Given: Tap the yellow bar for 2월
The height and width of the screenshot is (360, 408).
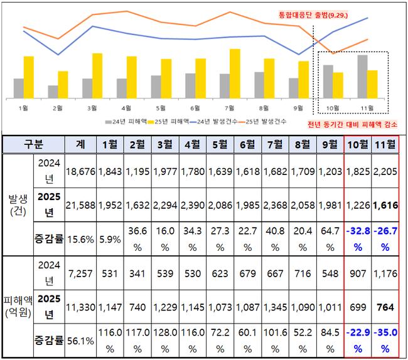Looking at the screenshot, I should [63, 85].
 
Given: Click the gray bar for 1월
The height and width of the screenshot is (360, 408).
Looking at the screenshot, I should [19, 88].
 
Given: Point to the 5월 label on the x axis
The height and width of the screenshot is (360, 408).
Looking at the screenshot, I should [161, 108].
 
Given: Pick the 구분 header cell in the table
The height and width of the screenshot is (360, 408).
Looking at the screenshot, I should [33, 144].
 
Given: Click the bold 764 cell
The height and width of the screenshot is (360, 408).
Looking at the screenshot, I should [385, 307].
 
